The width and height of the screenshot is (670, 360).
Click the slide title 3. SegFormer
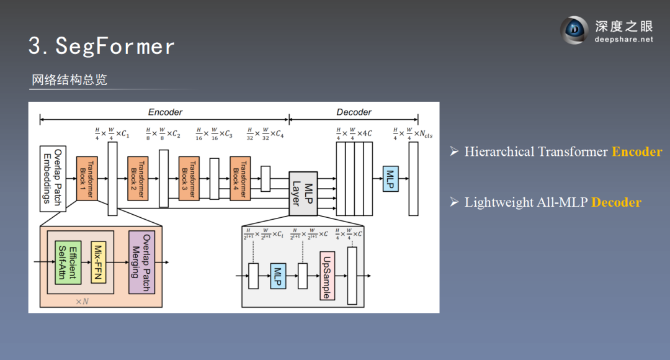coord(102,45)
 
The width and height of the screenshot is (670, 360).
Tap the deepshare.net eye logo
coord(574,30)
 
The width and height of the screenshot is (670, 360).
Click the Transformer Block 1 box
coord(87,178)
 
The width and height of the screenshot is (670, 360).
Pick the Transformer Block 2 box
coord(138,178)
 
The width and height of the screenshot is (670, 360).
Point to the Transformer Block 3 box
coord(189,178)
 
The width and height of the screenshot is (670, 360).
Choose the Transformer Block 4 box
coord(239,178)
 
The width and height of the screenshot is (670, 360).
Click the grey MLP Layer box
coord(303,193)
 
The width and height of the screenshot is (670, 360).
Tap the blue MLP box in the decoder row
coord(390,179)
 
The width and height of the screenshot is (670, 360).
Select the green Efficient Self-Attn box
coord(68,262)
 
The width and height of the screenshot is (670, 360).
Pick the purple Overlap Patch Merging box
coord(141,262)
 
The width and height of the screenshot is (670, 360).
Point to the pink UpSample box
coord(326,276)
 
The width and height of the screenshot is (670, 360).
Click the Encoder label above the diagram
coord(165,112)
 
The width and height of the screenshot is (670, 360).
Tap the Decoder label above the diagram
coord(354,112)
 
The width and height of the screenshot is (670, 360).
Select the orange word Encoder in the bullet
coord(636,152)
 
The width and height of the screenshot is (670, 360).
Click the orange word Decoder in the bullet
coord(616,202)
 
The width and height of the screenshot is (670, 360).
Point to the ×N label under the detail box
coord(83,301)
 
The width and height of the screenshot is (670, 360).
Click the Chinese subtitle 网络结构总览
coord(69,80)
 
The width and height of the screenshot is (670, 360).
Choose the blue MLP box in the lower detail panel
coord(277,276)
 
